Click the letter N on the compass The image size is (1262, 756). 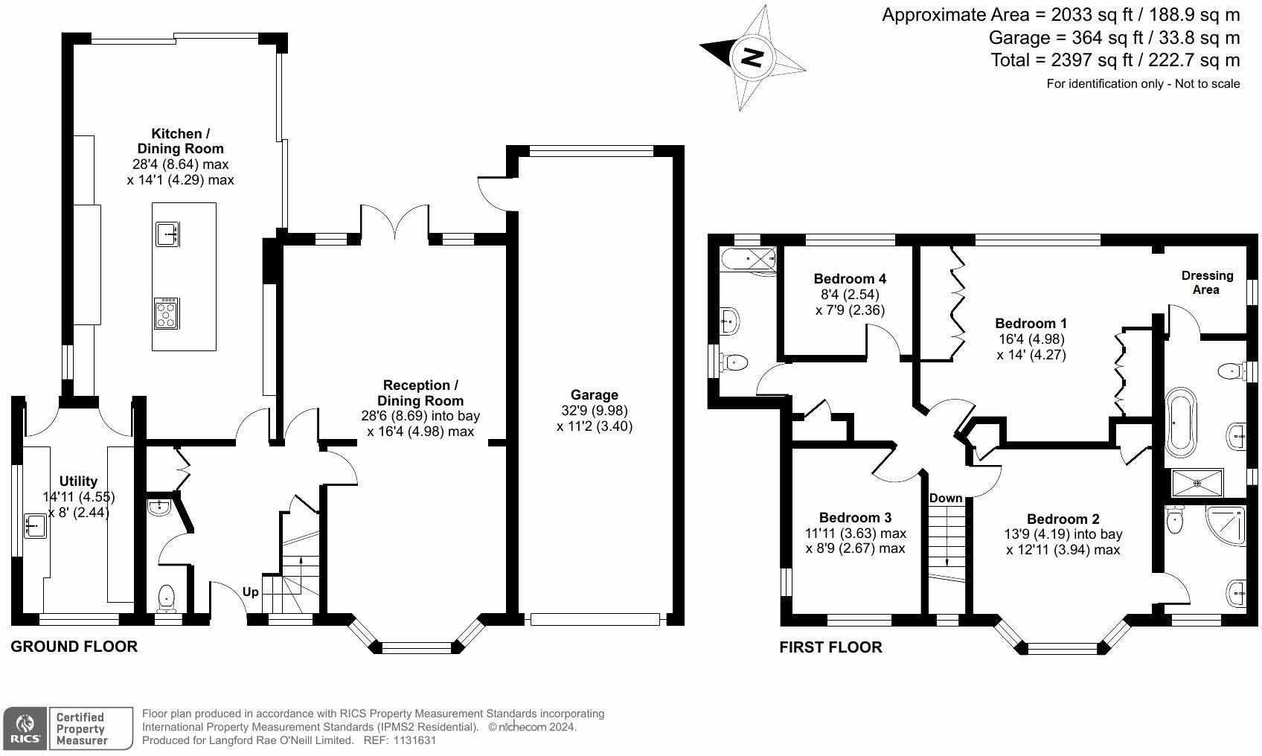[x=753, y=57]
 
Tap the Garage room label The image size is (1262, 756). [x=595, y=395]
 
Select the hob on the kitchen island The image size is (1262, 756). [x=167, y=314]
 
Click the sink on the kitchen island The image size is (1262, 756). [x=167, y=234]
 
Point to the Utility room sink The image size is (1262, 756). [x=35, y=526]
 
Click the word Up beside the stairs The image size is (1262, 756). [x=251, y=592]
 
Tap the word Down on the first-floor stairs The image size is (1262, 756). [x=945, y=498]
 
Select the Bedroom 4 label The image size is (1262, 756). [x=850, y=279]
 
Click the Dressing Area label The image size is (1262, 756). [x=1207, y=283]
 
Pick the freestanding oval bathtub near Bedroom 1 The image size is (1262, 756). [x=1180, y=422]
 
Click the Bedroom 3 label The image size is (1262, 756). [x=855, y=518]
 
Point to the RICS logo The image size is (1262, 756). [x=25, y=728]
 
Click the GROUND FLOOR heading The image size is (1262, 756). [x=74, y=647]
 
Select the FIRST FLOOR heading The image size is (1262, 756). [x=830, y=647]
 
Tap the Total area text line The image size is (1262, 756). [x=1115, y=60]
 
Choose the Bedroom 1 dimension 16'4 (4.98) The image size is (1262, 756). [x=1031, y=339]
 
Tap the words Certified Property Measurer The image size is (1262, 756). [x=81, y=728]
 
